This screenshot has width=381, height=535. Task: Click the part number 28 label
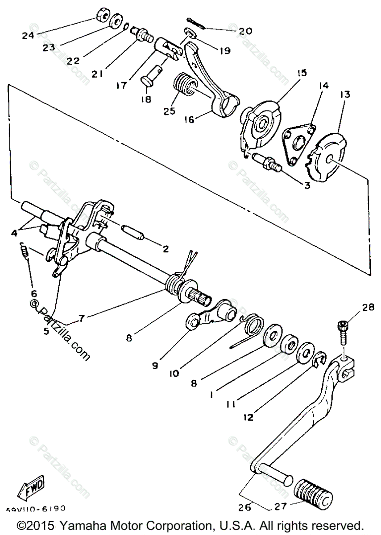point(368,307)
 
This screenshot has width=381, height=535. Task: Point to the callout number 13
point(345,95)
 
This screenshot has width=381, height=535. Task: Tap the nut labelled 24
point(103,16)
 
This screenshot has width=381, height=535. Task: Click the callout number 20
point(245,31)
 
